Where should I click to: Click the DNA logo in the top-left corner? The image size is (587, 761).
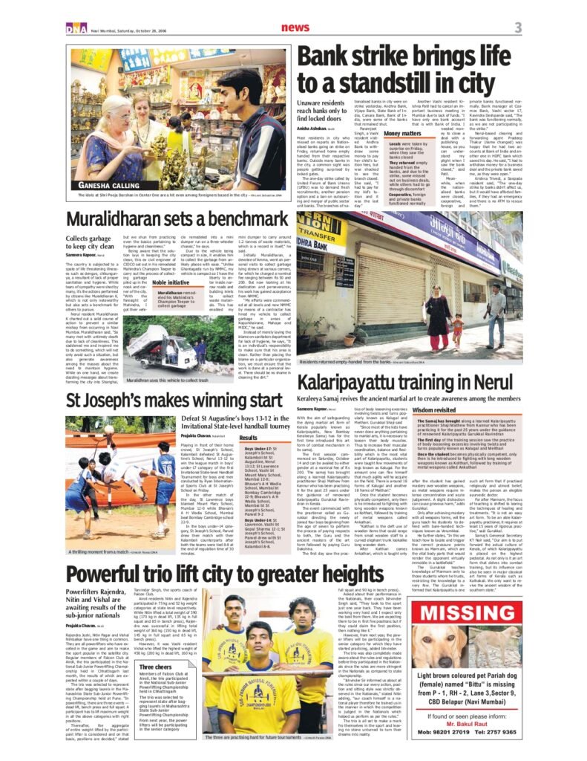point(75,27)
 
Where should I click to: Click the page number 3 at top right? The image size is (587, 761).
point(518,28)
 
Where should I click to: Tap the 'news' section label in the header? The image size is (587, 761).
point(296,27)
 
